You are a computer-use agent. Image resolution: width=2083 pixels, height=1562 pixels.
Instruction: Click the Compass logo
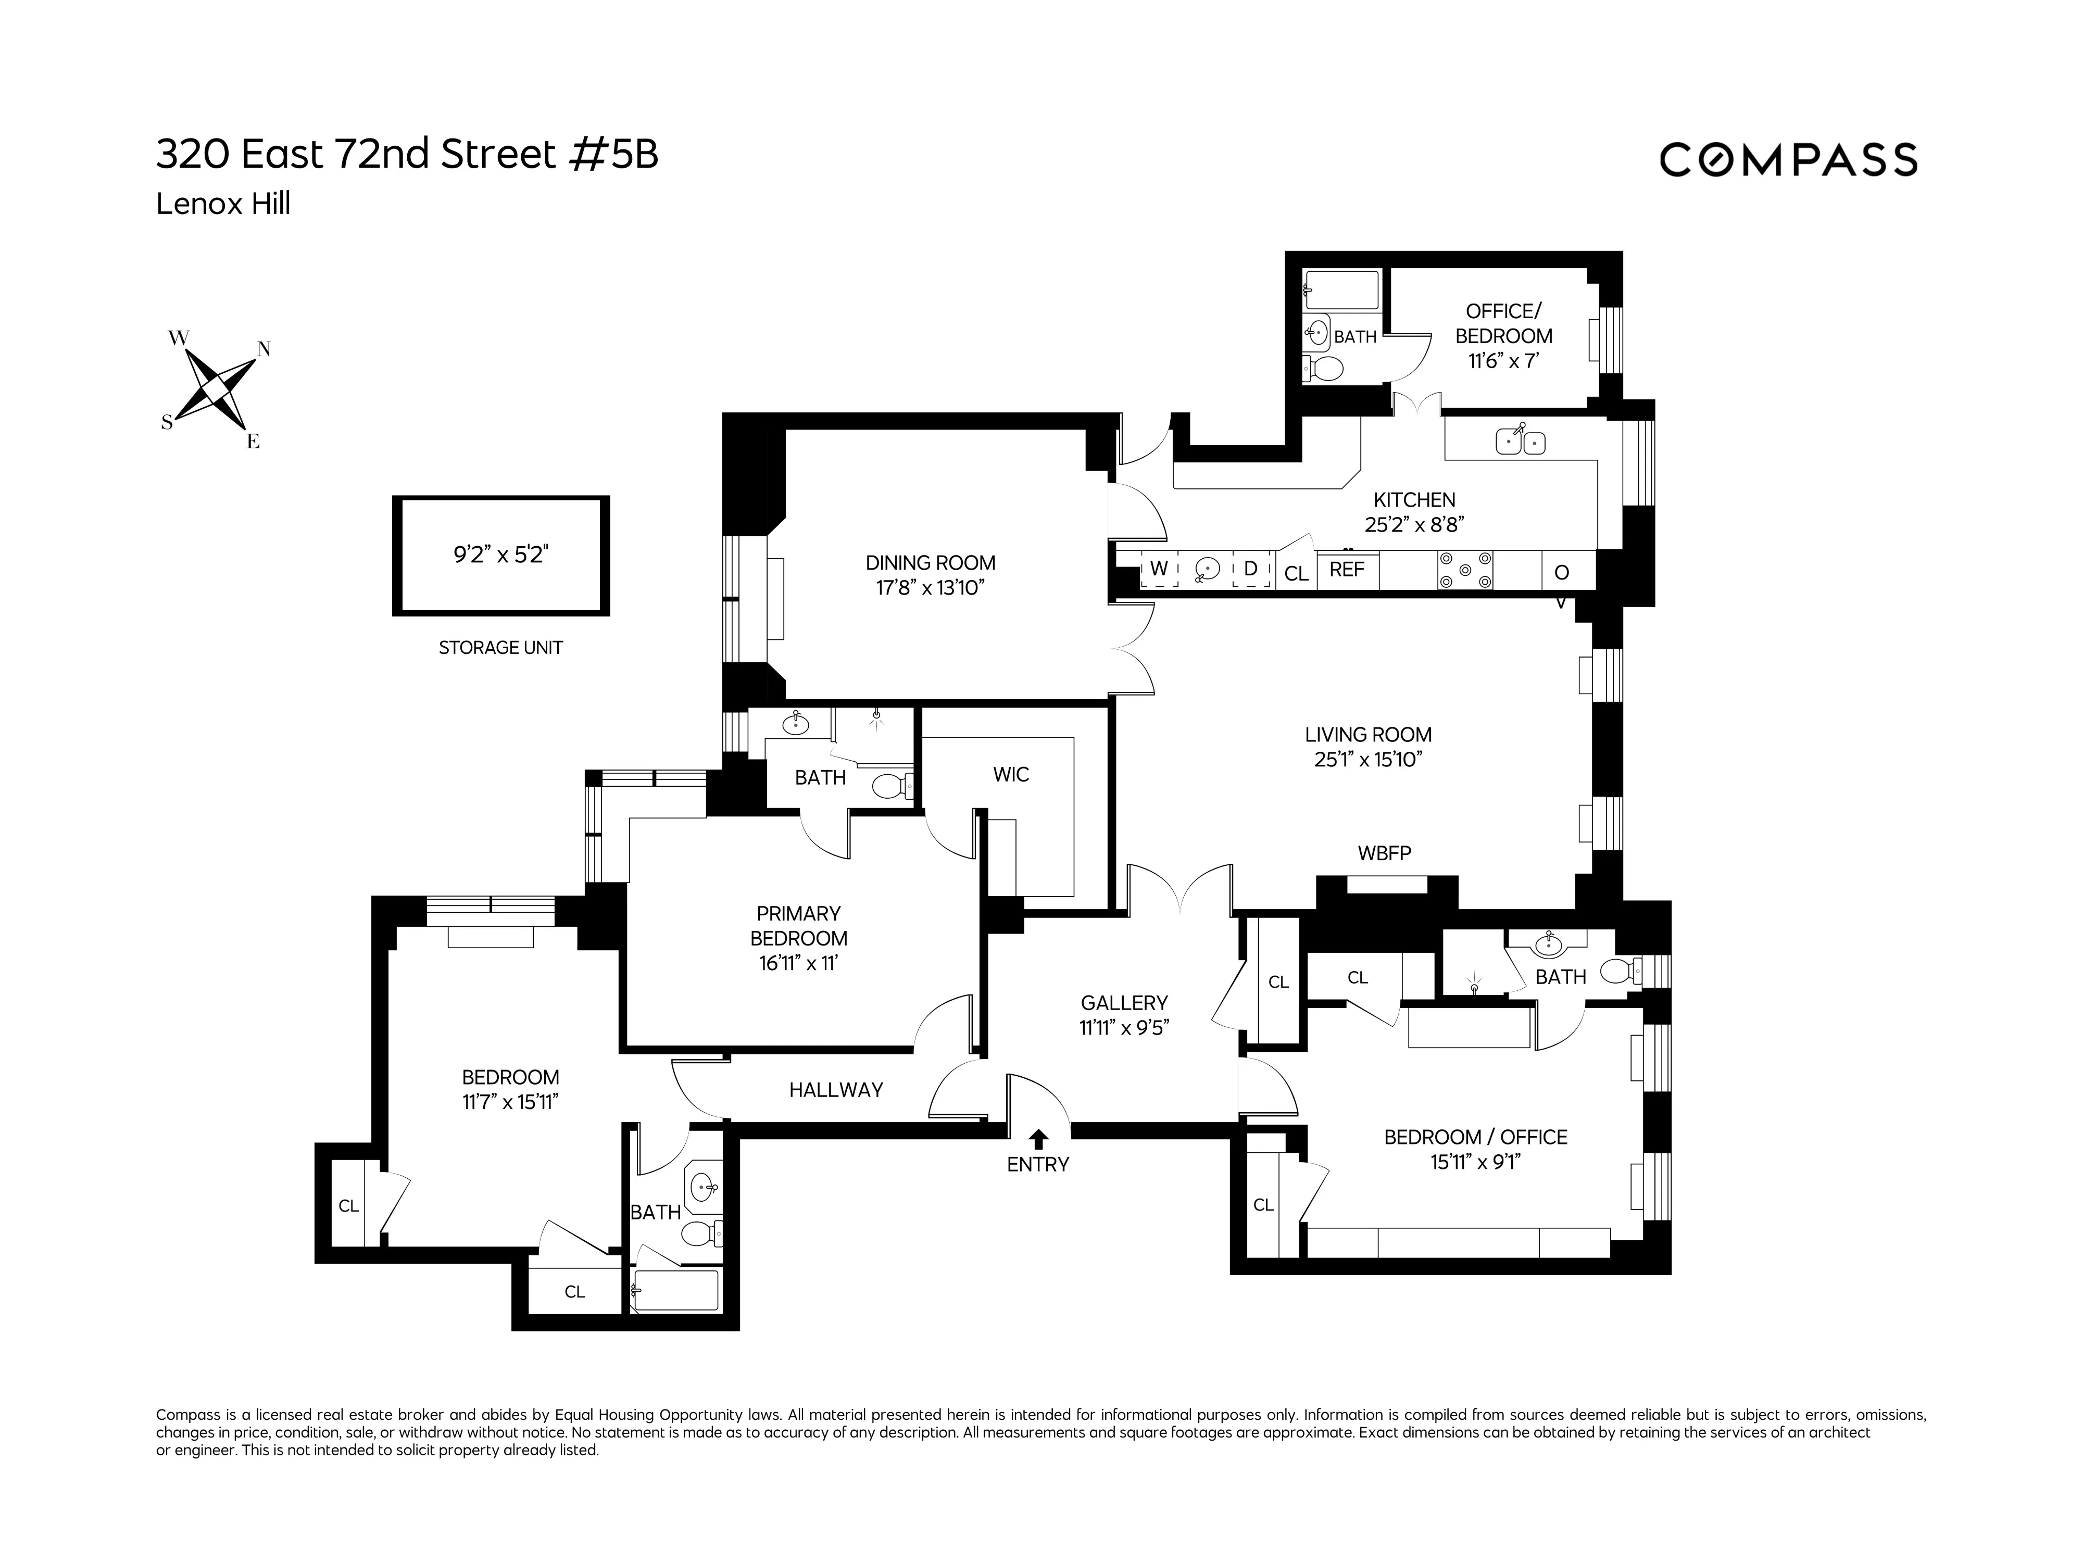click(x=1787, y=160)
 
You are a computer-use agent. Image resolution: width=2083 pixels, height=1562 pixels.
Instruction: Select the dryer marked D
click(x=1250, y=570)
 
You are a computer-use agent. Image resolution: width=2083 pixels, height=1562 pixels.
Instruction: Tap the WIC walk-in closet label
click(x=1010, y=774)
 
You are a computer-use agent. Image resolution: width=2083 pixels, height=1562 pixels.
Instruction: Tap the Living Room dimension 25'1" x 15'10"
click(x=1367, y=759)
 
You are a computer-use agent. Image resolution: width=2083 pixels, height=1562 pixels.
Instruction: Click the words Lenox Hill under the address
click(x=223, y=204)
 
